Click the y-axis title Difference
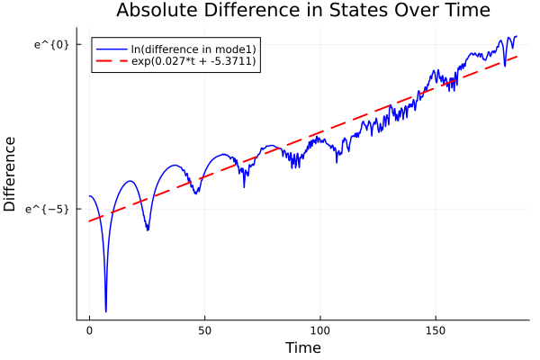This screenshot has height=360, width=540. point(11,174)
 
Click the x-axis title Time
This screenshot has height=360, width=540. point(302,347)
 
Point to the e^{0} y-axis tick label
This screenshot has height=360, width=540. point(52,45)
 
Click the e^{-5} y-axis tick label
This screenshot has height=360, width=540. point(49,209)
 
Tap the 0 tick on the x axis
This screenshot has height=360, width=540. point(89,331)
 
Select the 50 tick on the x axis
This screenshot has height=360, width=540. point(204,331)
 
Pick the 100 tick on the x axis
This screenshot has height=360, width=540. point(319,331)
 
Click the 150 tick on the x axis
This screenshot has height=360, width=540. point(436,331)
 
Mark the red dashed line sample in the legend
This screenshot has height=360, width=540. point(112,61)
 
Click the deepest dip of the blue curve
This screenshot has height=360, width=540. point(105,311)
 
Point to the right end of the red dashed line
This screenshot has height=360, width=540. point(517,57)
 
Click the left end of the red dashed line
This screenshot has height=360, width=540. point(89,221)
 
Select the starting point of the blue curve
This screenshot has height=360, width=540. point(89,196)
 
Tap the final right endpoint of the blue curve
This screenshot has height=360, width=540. point(517,37)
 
